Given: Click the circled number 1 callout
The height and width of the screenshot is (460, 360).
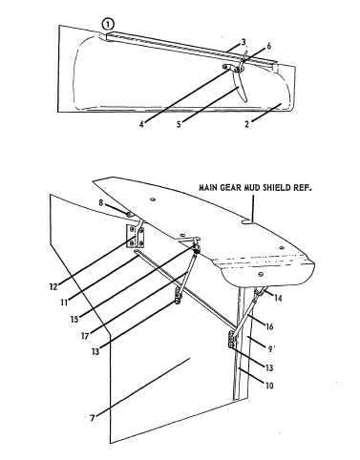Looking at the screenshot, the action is click(x=108, y=24).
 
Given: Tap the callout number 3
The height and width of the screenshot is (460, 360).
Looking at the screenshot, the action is click(x=244, y=42).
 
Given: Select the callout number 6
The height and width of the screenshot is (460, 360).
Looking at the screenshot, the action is click(x=268, y=46).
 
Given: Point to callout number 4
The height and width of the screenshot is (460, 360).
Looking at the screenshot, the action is click(x=141, y=124).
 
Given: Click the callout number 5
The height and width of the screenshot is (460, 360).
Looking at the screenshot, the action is click(x=179, y=124).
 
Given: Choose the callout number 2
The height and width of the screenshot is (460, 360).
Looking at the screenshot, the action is click(x=247, y=124).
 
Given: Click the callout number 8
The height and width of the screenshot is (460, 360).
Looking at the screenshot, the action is click(x=101, y=202).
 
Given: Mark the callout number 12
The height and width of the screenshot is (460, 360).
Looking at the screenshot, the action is click(x=53, y=286).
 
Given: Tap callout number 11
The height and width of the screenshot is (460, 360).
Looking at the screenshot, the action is click(x=64, y=302).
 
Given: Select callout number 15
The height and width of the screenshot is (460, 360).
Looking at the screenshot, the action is click(x=74, y=319).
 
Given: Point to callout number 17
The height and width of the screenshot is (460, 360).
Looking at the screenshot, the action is click(x=85, y=336).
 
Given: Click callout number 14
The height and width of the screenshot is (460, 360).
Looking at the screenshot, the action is click(x=278, y=298).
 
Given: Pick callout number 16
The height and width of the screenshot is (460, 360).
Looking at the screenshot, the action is click(x=269, y=326).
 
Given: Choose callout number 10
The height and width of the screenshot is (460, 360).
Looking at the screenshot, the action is click(x=269, y=386).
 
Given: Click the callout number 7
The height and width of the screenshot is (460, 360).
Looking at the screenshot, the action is click(x=93, y=418).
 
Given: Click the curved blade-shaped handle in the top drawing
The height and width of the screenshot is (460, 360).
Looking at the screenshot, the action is click(x=241, y=86).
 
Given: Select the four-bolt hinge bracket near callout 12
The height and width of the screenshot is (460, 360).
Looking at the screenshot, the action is click(x=136, y=237).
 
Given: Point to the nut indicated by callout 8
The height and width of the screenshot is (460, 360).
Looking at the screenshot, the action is click(x=128, y=215).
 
